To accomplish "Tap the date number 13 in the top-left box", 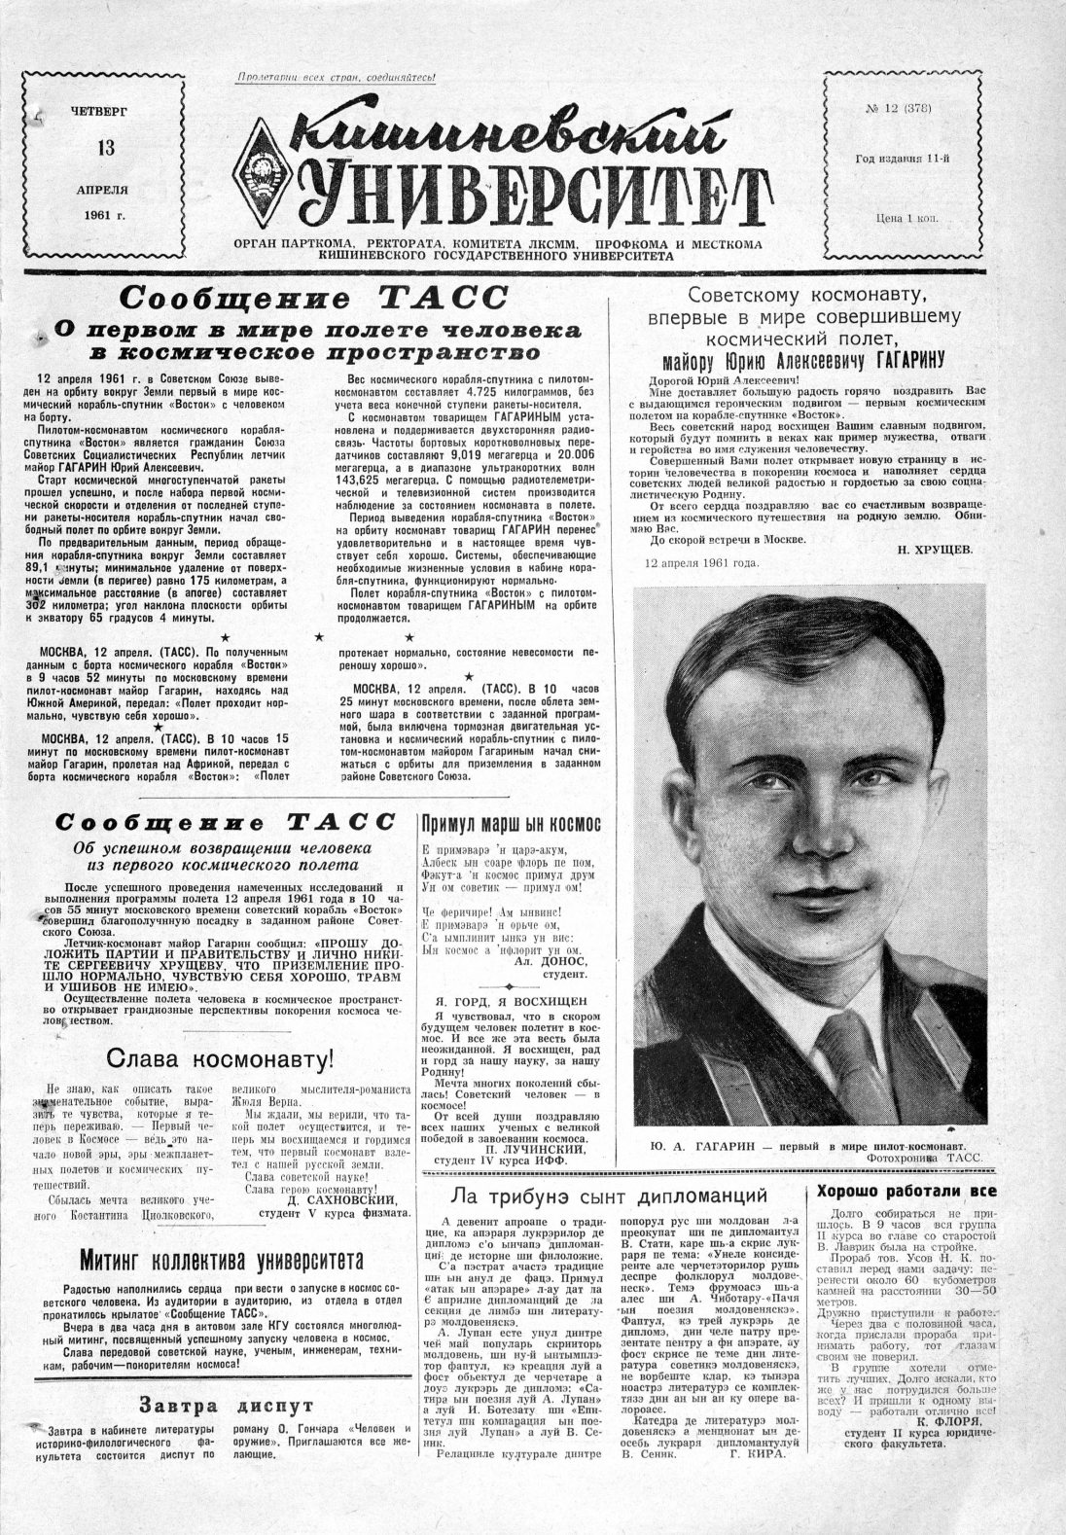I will click(x=105, y=148).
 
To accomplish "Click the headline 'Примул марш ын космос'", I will click(x=510, y=824).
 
